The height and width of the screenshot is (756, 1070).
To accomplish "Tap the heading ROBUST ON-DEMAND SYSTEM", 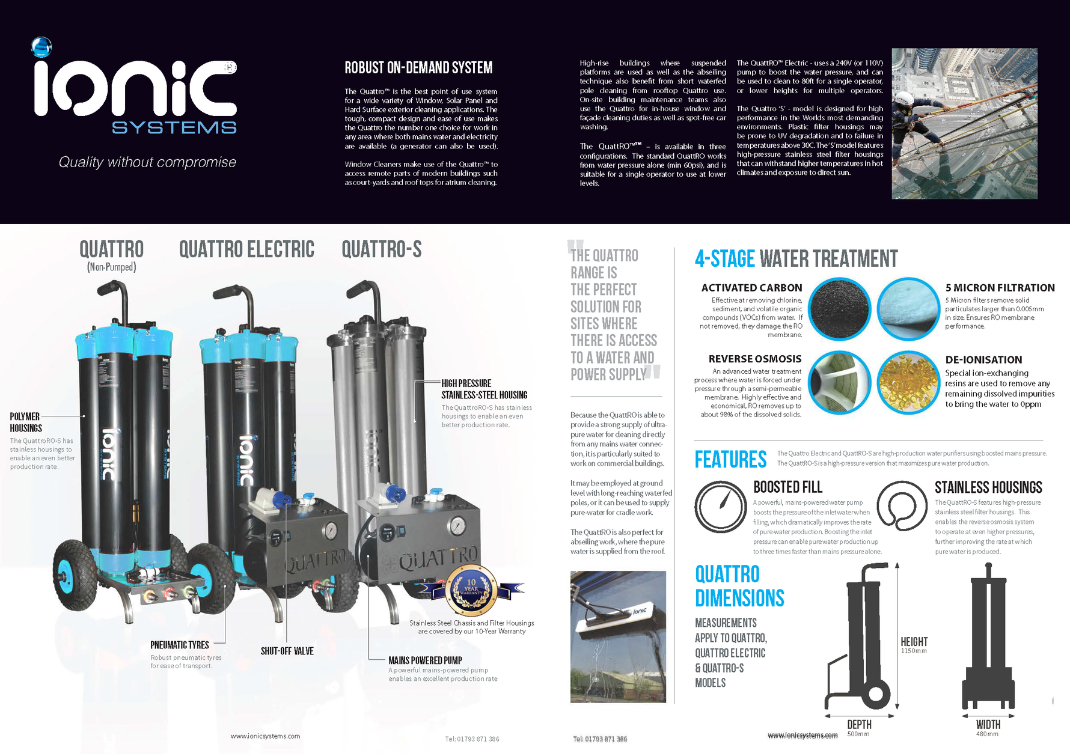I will pyautogui.click(x=418, y=67).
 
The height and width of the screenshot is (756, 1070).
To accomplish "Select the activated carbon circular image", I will pyautogui.click(x=839, y=309).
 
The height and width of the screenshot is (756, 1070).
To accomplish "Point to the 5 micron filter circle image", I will pyautogui.click(x=908, y=309).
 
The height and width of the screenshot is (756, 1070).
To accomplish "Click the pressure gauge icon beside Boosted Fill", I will pyautogui.click(x=720, y=507).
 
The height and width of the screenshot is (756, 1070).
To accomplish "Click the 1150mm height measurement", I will pyautogui.click(x=914, y=651).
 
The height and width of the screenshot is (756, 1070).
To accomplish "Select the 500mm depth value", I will pyautogui.click(x=858, y=734).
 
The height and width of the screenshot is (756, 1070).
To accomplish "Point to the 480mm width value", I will pyautogui.click(x=987, y=734).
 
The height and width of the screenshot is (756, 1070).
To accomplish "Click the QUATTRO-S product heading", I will pyautogui.click(x=382, y=249).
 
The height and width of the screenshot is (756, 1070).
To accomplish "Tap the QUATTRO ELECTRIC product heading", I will pyautogui.click(x=246, y=249).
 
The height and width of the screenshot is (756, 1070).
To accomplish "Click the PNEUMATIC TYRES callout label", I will pyautogui.click(x=180, y=645).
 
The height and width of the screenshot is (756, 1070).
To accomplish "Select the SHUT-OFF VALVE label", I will pyautogui.click(x=287, y=651).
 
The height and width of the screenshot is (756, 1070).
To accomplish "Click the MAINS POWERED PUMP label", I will pyautogui.click(x=425, y=660).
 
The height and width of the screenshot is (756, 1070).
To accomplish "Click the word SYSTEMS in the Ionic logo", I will pyautogui.click(x=174, y=128).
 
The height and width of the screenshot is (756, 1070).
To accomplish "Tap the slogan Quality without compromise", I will pyautogui.click(x=147, y=162).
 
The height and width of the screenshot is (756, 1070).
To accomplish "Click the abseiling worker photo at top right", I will pyautogui.click(x=964, y=123).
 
